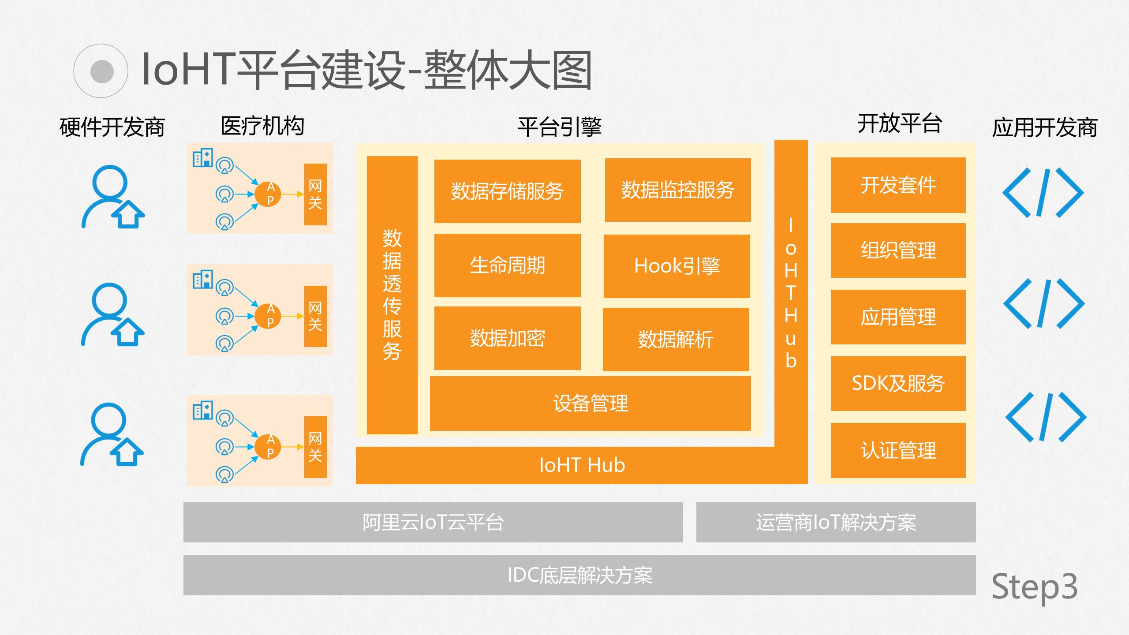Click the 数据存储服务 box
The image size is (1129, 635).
pos(507,191)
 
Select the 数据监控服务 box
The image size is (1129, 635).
pos(677,190)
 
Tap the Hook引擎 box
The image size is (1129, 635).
pos(677,266)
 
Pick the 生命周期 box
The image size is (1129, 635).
pos(507,265)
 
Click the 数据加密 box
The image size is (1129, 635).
pos(507,338)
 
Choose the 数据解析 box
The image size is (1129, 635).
pos(676,340)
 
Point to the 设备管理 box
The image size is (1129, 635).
pos(590,403)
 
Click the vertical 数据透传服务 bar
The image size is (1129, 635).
pos(392,295)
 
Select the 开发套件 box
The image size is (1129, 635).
pos(898,185)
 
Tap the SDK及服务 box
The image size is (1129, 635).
pos(898,383)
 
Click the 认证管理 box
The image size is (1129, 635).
pos(898,450)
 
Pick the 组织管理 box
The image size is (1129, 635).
pos(898,250)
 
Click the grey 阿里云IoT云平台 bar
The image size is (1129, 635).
pos(433,522)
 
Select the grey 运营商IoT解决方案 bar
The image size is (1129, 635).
pos(836,522)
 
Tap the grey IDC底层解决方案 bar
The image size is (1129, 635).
pos(579,575)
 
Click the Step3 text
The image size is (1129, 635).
pos(1034,586)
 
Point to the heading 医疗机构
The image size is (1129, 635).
pos(262,126)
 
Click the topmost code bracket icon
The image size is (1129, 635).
pos(1043,193)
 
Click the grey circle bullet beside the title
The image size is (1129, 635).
pos(101,71)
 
